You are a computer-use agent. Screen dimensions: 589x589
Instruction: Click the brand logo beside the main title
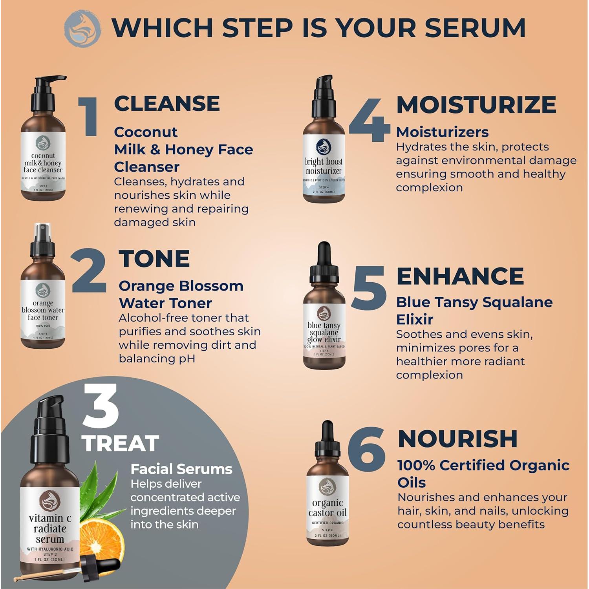click(82, 29)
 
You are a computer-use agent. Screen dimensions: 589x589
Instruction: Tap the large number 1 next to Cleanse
click(89, 117)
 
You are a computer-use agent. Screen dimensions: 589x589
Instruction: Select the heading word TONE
click(154, 259)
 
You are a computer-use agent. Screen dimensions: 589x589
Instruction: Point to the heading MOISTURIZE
click(476, 105)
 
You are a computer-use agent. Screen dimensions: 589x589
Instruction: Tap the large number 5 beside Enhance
click(369, 288)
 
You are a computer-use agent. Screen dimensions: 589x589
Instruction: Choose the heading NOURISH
click(457, 439)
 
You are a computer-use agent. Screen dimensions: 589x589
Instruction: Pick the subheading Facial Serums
click(181, 469)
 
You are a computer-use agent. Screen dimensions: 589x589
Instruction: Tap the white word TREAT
click(121, 443)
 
